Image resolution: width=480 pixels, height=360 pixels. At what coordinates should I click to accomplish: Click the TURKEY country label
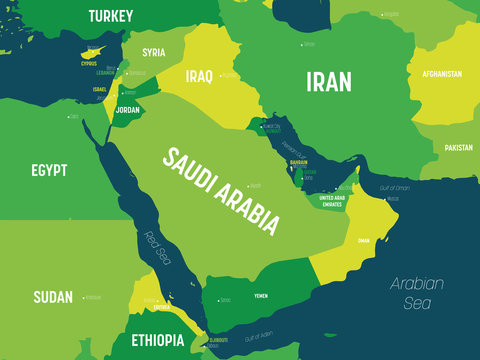coord(111,15)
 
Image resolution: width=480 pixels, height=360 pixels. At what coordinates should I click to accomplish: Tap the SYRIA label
coord(154,52)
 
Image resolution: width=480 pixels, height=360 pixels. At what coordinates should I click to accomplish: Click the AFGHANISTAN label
coord(441,74)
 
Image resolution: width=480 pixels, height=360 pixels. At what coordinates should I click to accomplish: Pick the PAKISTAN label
coord(459,147)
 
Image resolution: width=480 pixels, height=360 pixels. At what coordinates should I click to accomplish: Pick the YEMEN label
coord(261,297)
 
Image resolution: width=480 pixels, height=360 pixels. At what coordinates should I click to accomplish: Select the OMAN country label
coord(364,240)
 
